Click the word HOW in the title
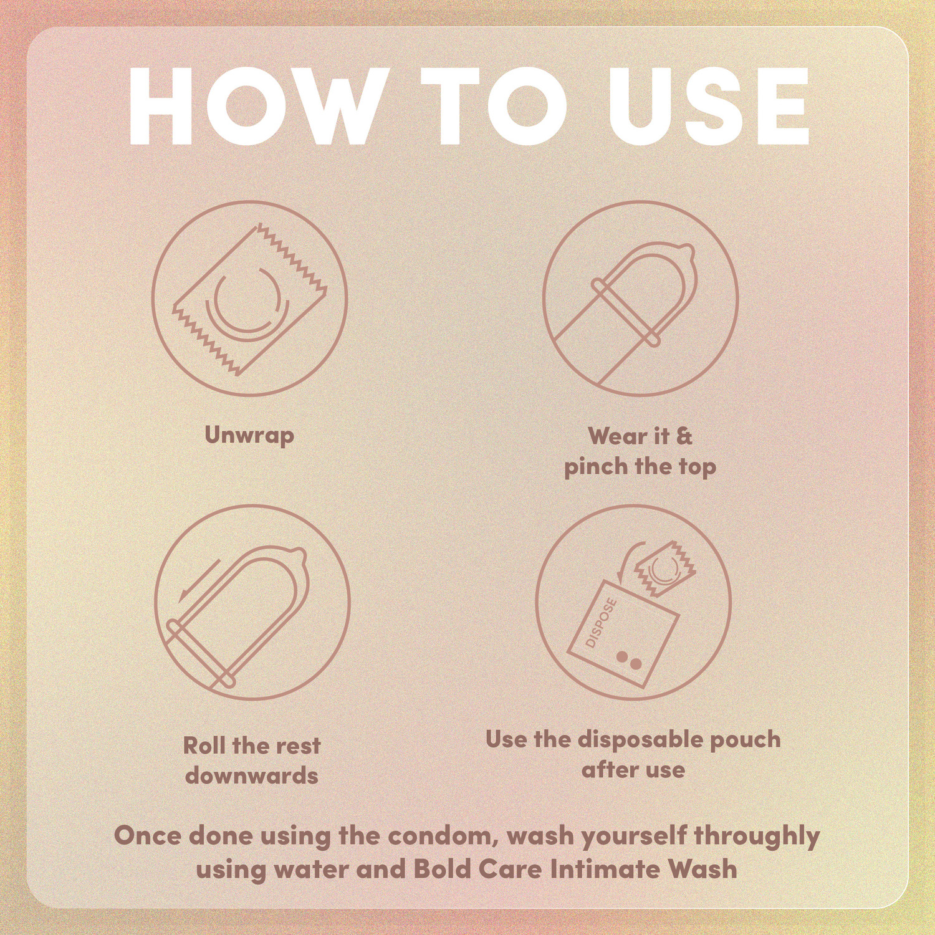(x=256, y=106)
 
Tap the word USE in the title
(x=709, y=106)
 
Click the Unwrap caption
(x=249, y=436)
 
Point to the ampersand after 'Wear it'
(x=684, y=436)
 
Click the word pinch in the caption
(x=595, y=467)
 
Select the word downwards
(x=252, y=776)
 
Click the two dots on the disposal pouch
(x=629, y=660)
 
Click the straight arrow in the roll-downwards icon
(x=199, y=580)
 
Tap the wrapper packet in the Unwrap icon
(x=249, y=300)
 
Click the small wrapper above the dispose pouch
(x=664, y=569)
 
